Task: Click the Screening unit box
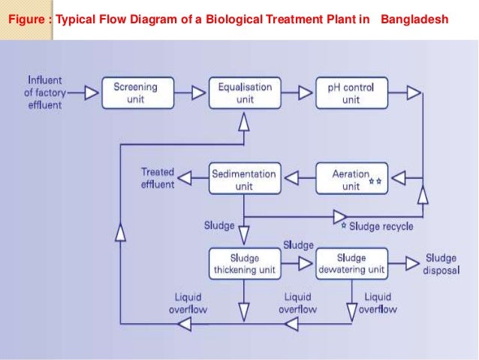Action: tap(135, 93)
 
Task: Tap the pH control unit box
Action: tap(351, 93)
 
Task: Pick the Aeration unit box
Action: tap(351, 179)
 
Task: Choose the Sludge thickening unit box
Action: tap(243, 263)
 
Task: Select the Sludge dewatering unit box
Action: tap(351, 263)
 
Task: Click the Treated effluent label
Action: tap(158, 178)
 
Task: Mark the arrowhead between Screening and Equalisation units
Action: tap(198, 93)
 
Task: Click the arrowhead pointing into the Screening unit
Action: tap(91, 93)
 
